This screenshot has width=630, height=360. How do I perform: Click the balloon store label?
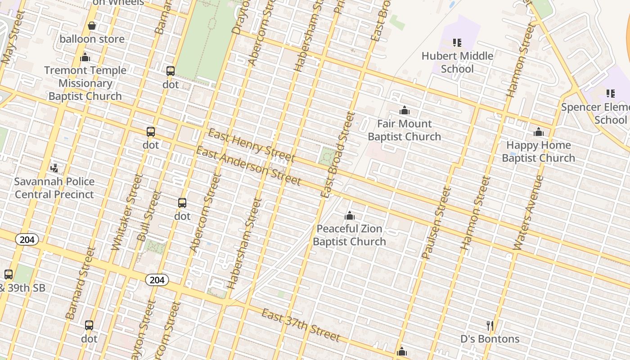(x=92, y=39)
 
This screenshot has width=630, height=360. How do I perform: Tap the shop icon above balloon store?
(x=92, y=26)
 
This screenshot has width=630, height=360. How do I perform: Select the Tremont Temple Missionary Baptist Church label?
(x=85, y=83)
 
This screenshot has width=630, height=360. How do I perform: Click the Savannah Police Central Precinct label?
(x=54, y=188)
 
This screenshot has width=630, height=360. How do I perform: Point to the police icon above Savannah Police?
(x=54, y=168)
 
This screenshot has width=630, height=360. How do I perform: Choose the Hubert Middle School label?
(x=457, y=63)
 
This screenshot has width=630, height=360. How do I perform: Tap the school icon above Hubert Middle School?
(x=457, y=43)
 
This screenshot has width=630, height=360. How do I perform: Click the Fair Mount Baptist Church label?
(x=404, y=130)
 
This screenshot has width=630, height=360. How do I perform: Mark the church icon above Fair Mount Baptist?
(x=405, y=110)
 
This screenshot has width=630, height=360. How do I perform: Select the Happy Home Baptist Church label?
(x=538, y=152)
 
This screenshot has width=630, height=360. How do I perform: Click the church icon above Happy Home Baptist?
(x=539, y=132)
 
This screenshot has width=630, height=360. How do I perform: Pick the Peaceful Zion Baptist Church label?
(x=349, y=235)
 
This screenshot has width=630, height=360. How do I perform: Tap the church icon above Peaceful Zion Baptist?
(x=350, y=216)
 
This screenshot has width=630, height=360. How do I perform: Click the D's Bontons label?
(x=490, y=339)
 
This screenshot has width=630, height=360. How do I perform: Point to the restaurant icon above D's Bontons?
(x=490, y=325)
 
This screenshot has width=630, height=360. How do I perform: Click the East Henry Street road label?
(x=252, y=145)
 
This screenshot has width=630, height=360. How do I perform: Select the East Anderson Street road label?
(x=248, y=166)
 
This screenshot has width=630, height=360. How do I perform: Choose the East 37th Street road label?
(x=301, y=325)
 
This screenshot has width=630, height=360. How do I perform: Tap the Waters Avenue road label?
(x=528, y=212)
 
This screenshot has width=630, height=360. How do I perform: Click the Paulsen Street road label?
(x=436, y=223)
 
